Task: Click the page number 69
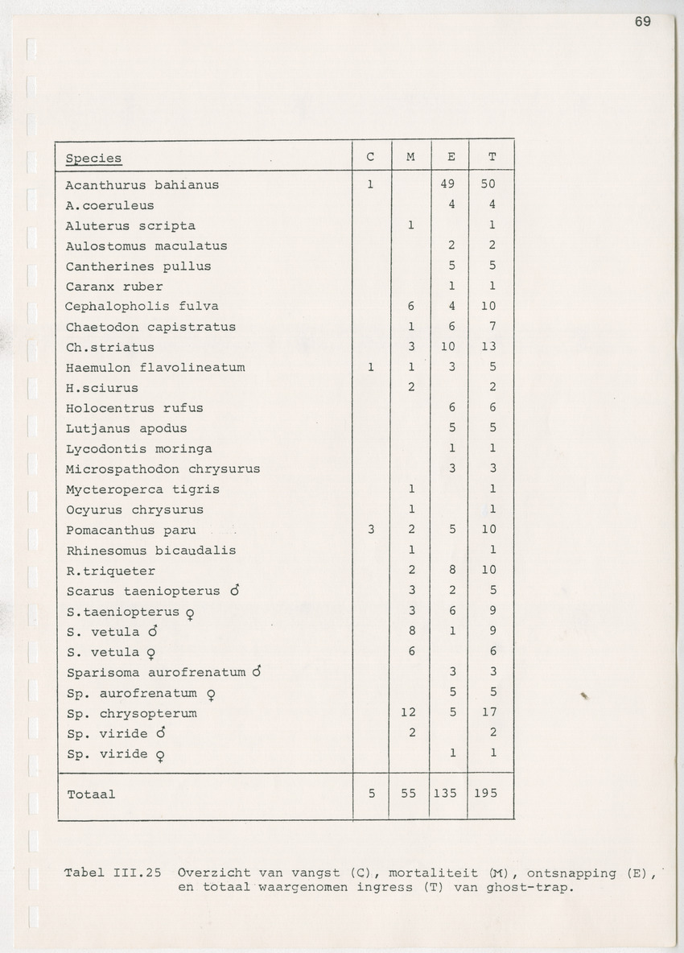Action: (642, 22)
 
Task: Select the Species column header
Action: (94, 159)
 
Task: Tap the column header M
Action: (411, 157)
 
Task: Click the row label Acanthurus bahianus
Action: (142, 185)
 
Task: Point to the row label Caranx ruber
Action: (114, 287)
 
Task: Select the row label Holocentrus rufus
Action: (134, 408)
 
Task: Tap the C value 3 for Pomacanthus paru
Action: (371, 530)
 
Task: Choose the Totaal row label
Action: (91, 794)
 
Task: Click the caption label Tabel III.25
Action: (114, 873)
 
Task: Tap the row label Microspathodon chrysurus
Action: (163, 469)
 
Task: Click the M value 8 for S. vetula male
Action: (411, 632)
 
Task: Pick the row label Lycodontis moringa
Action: (139, 449)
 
